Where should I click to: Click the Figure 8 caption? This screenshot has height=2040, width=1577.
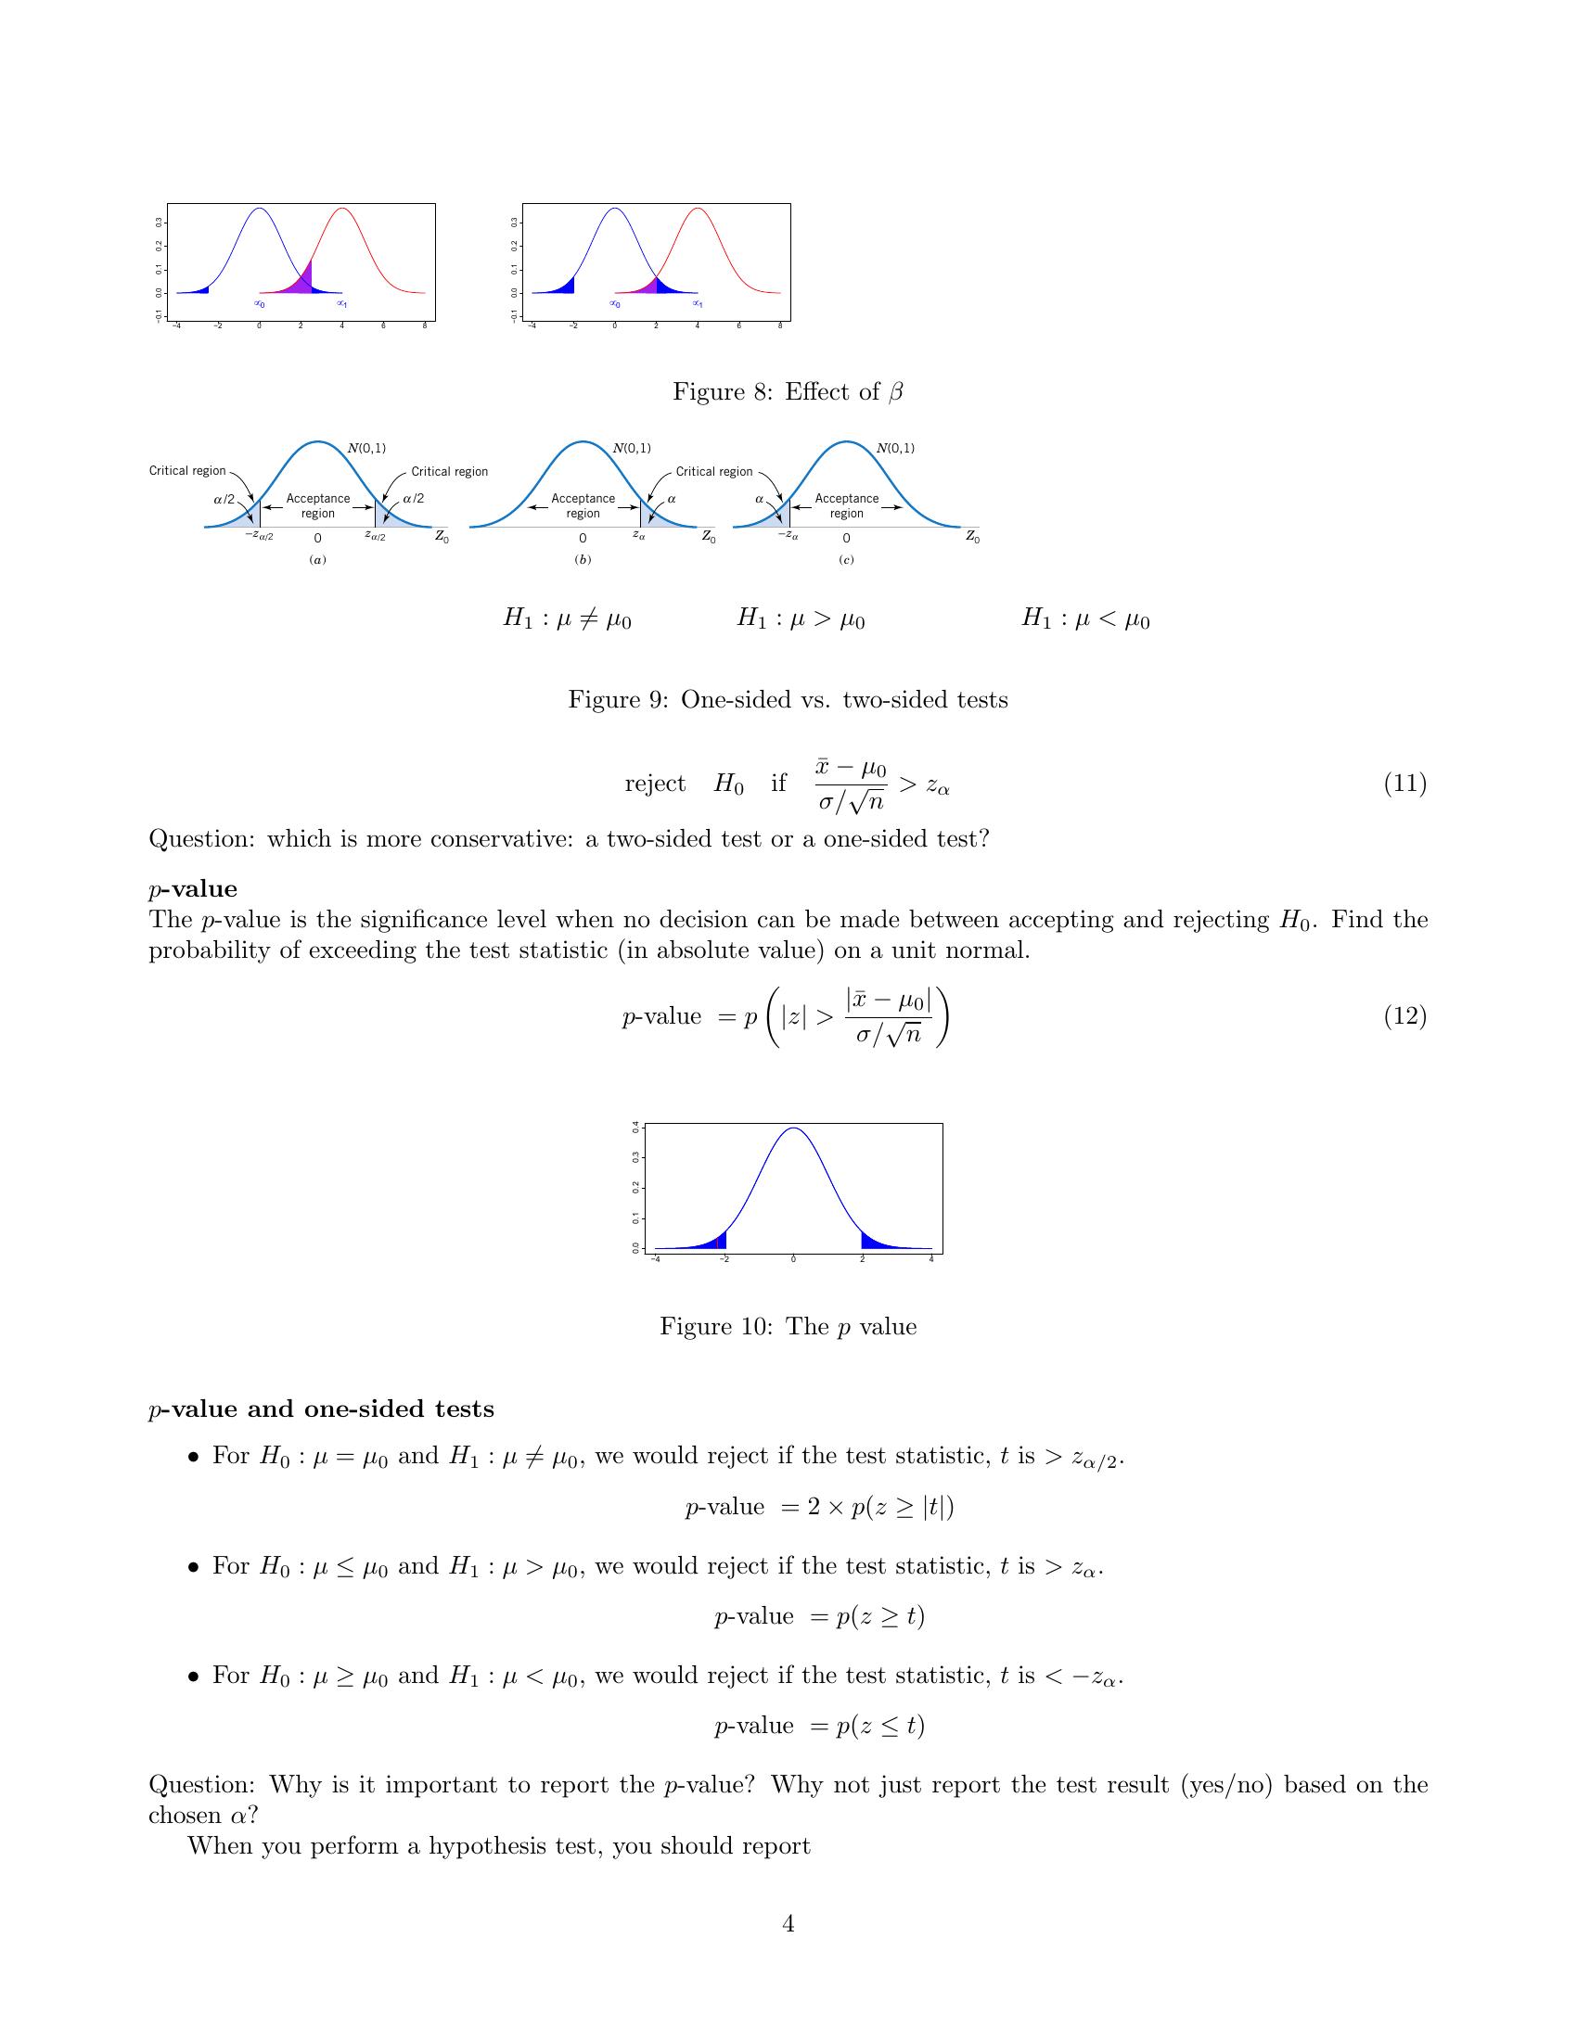coord(788,391)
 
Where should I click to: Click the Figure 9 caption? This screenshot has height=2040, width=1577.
coord(788,699)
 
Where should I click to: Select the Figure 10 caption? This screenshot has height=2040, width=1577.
coord(788,1326)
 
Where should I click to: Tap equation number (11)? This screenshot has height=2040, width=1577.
coord(1404,783)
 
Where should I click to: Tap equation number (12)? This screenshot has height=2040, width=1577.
coord(1404,1015)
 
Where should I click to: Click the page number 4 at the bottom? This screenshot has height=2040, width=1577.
coord(788,1923)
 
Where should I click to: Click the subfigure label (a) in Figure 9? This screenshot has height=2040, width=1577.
coord(317,559)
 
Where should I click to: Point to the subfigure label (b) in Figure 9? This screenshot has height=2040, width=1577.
coord(583,559)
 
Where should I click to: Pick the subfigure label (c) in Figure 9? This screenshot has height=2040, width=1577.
coord(846,559)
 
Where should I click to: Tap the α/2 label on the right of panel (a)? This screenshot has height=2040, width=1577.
coord(413,499)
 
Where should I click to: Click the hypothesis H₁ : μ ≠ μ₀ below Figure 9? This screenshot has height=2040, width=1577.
coord(567,618)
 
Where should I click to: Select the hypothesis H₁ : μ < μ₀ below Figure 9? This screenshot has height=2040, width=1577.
coord(1085,618)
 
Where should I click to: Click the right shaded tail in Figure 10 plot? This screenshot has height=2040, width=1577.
coord(874,1242)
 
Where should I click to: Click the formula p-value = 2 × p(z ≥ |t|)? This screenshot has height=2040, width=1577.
coord(819,1507)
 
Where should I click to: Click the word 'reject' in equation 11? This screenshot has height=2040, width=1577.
coord(655,783)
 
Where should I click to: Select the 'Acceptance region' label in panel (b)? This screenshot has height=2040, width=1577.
coord(583,505)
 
